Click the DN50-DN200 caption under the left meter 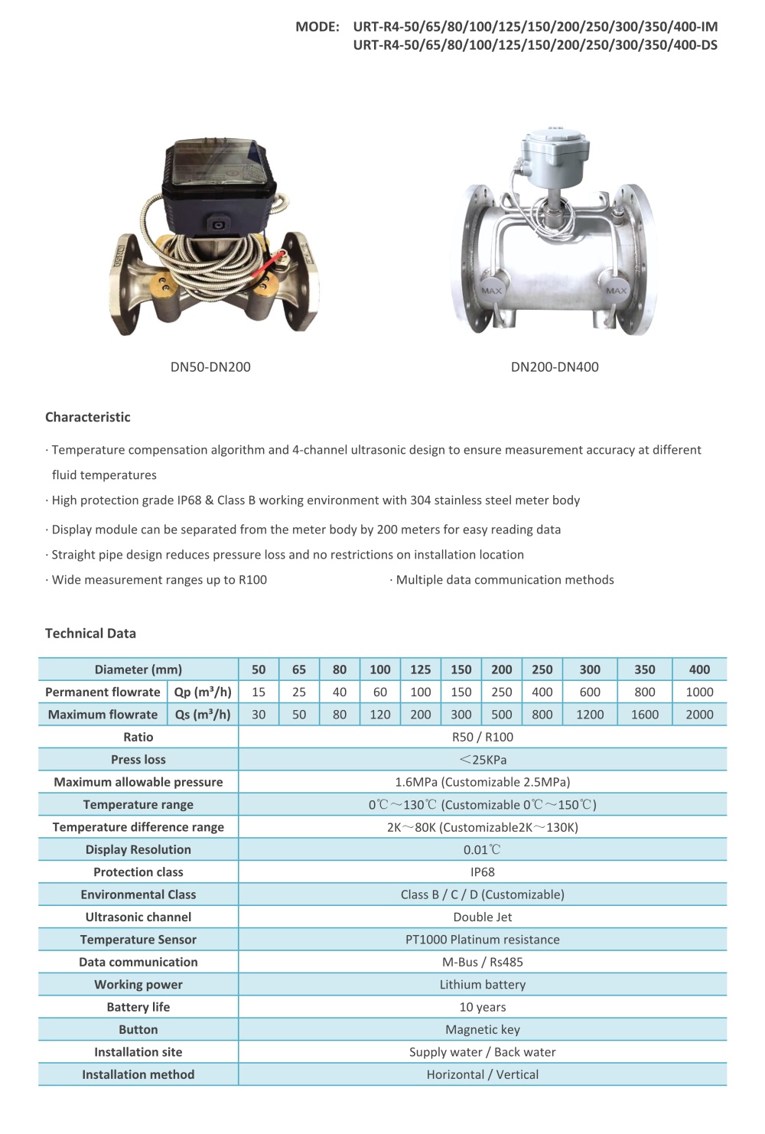[x=210, y=367]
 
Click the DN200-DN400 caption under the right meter [x=555, y=367]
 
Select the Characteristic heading [x=88, y=417]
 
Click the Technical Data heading [x=90, y=634]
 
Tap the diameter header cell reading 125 [x=421, y=670]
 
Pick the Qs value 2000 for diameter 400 [x=699, y=715]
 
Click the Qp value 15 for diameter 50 [x=259, y=692]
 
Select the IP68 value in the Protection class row [x=483, y=872]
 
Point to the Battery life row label [x=138, y=1007]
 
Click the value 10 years [x=483, y=1007]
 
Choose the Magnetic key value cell [x=483, y=1030]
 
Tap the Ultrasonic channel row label [x=138, y=917]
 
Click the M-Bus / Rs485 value [x=483, y=962]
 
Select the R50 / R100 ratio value [x=483, y=737]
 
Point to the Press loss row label [x=138, y=760]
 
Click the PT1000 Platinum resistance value [x=483, y=940]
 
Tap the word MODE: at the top [x=317, y=27]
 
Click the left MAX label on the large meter [x=491, y=291]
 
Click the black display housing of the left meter [x=218, y=195]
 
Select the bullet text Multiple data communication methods [x=505, y=580]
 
